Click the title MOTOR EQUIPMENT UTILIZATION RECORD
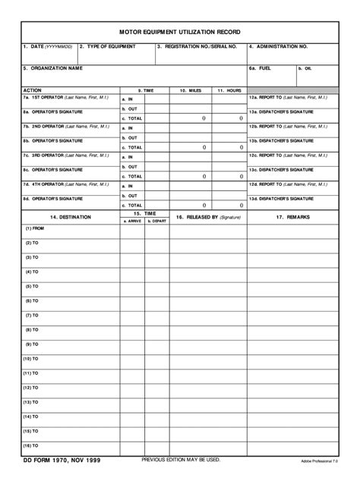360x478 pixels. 180,33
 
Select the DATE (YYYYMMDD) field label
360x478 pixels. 46,47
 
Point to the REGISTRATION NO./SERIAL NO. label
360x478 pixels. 197,47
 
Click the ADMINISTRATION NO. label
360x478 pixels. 278,47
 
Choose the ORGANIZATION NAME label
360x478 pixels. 52,68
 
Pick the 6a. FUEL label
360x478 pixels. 260,68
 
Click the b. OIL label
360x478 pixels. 305,68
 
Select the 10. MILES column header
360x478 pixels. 190,90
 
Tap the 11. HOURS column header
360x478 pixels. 229,90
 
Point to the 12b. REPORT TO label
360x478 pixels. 288,126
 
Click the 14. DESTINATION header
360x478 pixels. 70,217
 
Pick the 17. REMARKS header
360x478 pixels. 292,217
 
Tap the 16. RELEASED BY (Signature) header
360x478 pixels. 208,217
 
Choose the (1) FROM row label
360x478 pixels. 36,228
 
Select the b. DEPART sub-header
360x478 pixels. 156,221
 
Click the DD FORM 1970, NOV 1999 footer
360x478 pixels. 62,461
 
